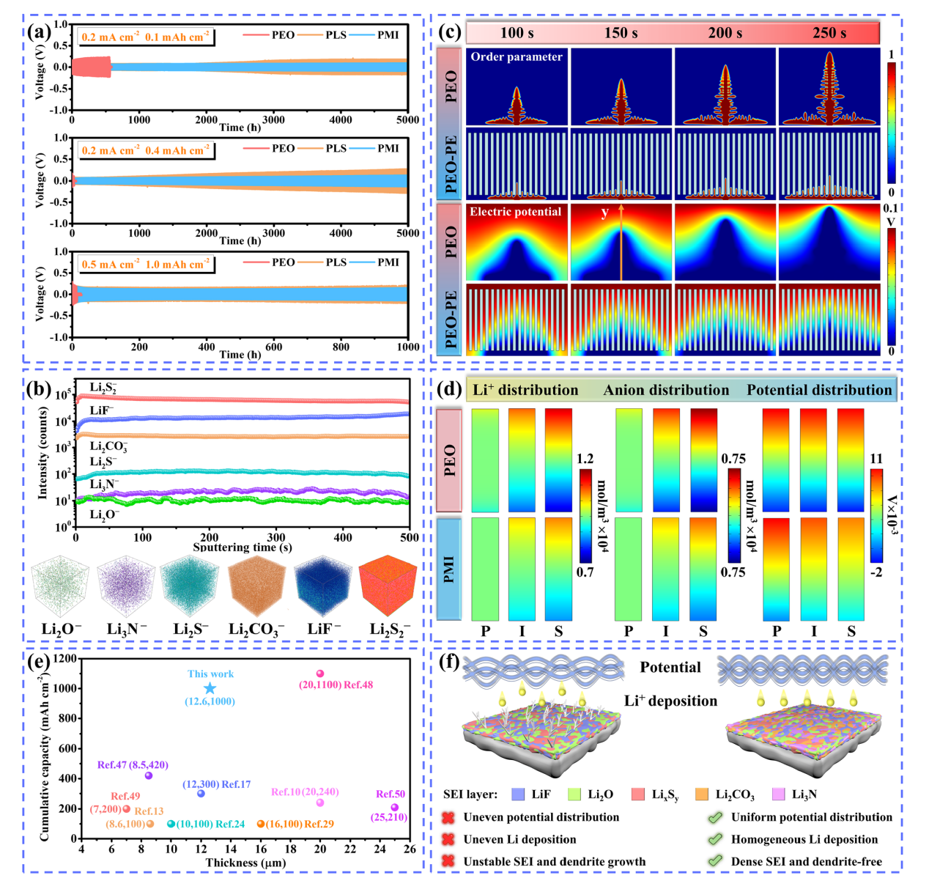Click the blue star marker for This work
pyautogui.click(x=210, y=688)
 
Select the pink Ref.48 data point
pyautogui.click(x=319, y=674)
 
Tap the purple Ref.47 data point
pyautogui.click(x=149, y=775)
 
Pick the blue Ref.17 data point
pyautogui.click(x=201, y=794)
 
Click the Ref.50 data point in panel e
pyautogui.click(x=394, y=808)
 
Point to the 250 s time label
pyautogui.click(x=829, y=33)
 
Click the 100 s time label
pyautogui.click(x=517, y=33)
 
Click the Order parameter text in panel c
pyautogui.click(x=517, y=57)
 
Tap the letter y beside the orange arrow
pyautogui.click(x=604, y=213)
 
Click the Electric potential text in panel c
pyautogui.click(x=515, y=212)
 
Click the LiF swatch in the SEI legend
pyautogui.click(x=519, y=794)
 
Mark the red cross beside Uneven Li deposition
pyautogui.click(x=448, y=840)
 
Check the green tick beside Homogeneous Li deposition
pyautogui.click(x=715, y=840)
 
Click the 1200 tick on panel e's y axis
pyautogui.click(x=64, y=658)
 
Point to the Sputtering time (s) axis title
pyautogui.click(x=242, y=547)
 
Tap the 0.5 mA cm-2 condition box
pyautogui.click(x=146, y=264)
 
